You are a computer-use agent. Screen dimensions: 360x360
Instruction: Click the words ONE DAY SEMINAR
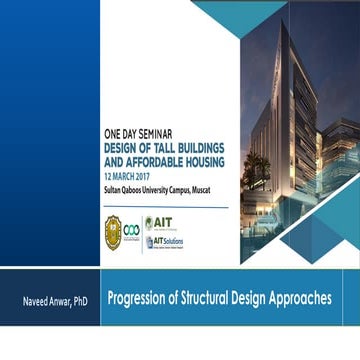click(140, 130)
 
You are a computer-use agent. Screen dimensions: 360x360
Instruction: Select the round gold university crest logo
click(114, 231)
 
